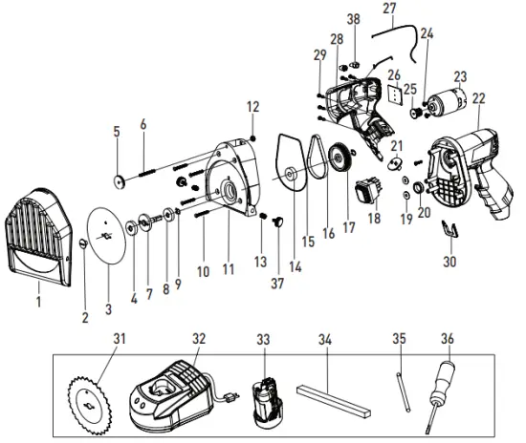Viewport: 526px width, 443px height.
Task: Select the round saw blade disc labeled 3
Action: pyautogui.click(x=108, y=231)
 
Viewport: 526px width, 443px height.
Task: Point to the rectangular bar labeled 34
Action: pyautogui.click(x=333, y=396)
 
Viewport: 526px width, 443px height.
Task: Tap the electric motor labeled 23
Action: pyautogui.click(x=444, y=100)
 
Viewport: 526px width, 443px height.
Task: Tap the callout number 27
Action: pyautogui.click(x=388, y=9)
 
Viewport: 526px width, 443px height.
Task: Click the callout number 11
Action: pyautogui.click(x=229, y=271)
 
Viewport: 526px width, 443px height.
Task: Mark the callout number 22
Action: pyautogui.click(x=479, y=96)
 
